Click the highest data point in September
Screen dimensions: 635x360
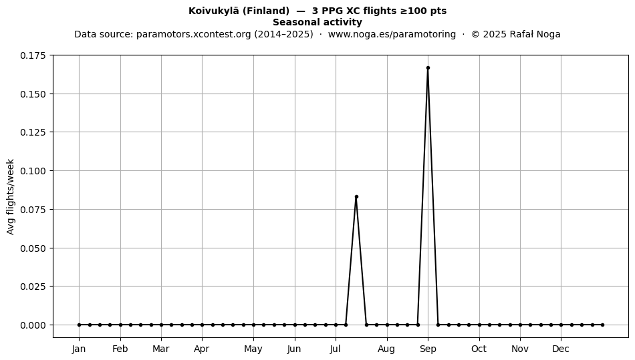tap(428, 68)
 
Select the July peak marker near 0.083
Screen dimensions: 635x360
tap(356, 196)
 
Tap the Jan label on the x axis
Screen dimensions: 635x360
tap(79, 349)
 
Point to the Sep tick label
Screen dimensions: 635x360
tap(428, 349)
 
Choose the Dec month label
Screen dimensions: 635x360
tap(561, 349)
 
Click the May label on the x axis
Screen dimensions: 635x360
tap(253, 349)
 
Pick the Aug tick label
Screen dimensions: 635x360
tap(386, 349)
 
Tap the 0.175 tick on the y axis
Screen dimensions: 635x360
tap(33, 55)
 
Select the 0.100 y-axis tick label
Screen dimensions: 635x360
tap(33, 171)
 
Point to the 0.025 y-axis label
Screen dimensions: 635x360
tap(33, 287)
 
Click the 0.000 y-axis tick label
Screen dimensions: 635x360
tap(33, 325)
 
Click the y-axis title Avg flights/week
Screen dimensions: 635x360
tap(11, 196)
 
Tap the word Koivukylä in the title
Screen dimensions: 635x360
tap(214, 11)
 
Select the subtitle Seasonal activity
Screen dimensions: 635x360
tap(317, 22)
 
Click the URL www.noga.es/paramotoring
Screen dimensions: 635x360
tap(392, 34)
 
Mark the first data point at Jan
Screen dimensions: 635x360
tap(79, 325)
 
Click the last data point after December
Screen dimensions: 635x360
tap(603, 325)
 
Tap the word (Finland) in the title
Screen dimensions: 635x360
tap(266, 11)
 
